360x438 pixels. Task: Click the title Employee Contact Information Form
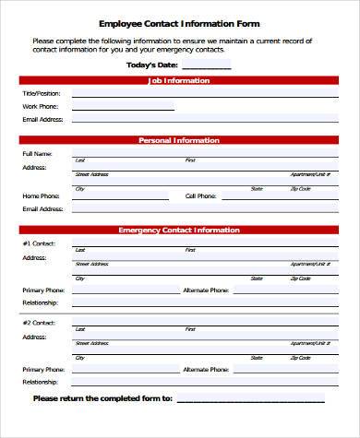tap(179, 23)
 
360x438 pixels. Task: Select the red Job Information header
tap(179, 81)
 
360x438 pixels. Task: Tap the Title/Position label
tap(42, 94)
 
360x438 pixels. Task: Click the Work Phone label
tap(40, 106)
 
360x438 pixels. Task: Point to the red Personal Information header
tap(179, 140)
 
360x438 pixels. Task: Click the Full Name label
tap(37, 153)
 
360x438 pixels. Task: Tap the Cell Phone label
tap(200, 195)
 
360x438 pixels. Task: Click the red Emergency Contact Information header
tap(179, 230)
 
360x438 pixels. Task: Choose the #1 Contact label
tap(39, 243)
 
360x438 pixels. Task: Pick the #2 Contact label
tap(39, 322)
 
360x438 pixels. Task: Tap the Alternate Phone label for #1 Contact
tap(205, 290)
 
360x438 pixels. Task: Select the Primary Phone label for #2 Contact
tap(43, 368)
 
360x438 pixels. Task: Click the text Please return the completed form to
tap(102, 398)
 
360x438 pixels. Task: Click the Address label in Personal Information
tap(34, 167)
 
